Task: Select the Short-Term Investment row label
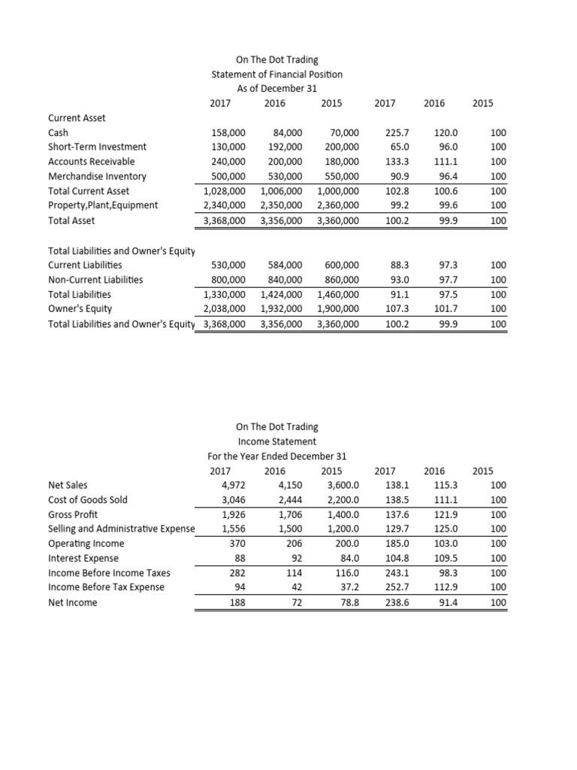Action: tap(97, 147)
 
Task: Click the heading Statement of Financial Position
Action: tap(276, 74)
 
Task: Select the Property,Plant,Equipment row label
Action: tap(103, 205)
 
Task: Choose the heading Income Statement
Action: tap(276, 441)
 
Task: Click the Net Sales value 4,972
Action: tap(234, 485)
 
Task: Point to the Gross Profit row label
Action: tap(73, 514)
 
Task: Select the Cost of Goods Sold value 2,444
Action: tap(289, 500)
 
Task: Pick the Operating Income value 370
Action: tap(237, 544)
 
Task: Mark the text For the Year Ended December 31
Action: tap(276, 456)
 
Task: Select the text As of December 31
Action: tap(276, 89)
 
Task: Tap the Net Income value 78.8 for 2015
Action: tap(346, 602)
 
